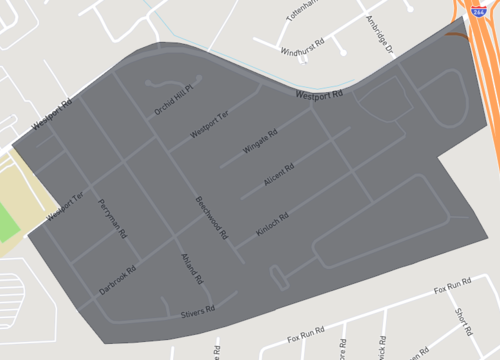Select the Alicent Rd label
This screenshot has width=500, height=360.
pos(278,177)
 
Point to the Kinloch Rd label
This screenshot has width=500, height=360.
pos(272,225)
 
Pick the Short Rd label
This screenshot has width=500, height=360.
pos(462,322)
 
